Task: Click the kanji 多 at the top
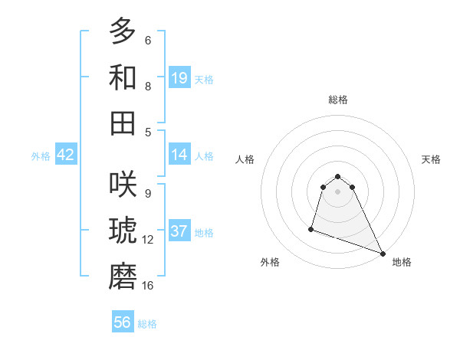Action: pyautogui.click(x=123, y=32)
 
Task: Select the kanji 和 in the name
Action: pyautogui.click(x=123, y=77)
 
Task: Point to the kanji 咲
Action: pyautogui.click(x=123, y=186)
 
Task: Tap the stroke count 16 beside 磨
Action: pyautogui.click(x=148, y=286)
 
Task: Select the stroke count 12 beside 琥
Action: pyautogui.click(x=148, y=240)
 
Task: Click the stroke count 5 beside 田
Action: pyautogui.click(x=148, y=132)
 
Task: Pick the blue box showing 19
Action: pyautogui.click(x=179, y=78)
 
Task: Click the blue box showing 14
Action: pyautogui.click(x=179, y=155)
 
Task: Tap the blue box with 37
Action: pyautogui.click(x=179, y=231)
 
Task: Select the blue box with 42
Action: pyautogui.click(x=66, y=155)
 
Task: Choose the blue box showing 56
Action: pyautogui.click(x=123, y=322)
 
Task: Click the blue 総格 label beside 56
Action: pyautogui.click(x=147, y=324)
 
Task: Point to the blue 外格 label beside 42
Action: pyautogui.click(x=41, y=156)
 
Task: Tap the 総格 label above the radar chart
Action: pyautogui.click(x=338, y=100)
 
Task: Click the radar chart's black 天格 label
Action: pyautogui.click(x=431, y=159)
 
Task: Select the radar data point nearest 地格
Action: pyautogui.click(x=383, y=254)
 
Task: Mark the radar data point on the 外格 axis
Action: pyautogui.click(x=311, y=227)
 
